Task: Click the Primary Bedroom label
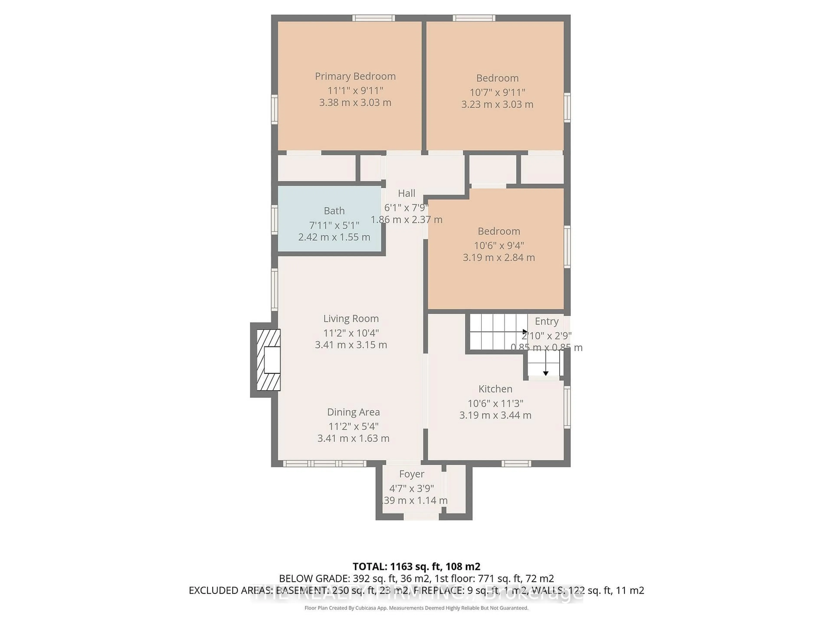pos(355,76)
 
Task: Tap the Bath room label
pos(334,211)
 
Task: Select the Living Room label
pos(351,319)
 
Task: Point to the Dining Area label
pos(353,412)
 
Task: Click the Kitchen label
pos(495,389)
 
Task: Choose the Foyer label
pos(412,474)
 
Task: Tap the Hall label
pos(406,194)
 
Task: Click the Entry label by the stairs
pos(546,321)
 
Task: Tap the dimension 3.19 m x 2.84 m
pos(498,258)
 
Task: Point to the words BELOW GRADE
pos(314,579)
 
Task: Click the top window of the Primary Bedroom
pos(374,18)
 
